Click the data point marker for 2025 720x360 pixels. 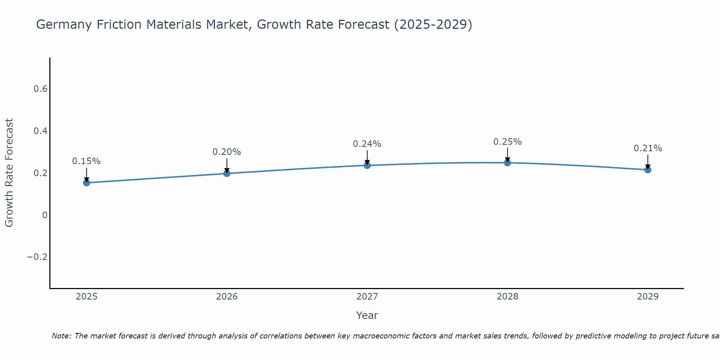pos(86,183)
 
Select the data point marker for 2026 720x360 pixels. pos(227,174)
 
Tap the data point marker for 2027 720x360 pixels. pos(367,165)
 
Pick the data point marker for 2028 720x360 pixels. pos(507,163)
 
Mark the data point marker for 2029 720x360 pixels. pos(648,170)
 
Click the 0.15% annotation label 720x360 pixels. pos(86,161)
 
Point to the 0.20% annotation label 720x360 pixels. pos(227,152)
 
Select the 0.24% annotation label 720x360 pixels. pos(367,144)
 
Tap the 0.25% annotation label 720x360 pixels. pos(507,142)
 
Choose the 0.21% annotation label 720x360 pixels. pos(648,148)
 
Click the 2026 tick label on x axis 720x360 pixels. pos(227,297)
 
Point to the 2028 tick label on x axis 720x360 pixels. pos(507,297)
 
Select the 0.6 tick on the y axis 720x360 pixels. pos(41,89)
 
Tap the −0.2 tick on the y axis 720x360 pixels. pos(37,257)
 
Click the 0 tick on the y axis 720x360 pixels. pos(45,215)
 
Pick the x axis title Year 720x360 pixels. pos(367,316)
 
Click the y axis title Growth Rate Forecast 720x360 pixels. pos(9,173)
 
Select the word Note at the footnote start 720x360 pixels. pos(61,336)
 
